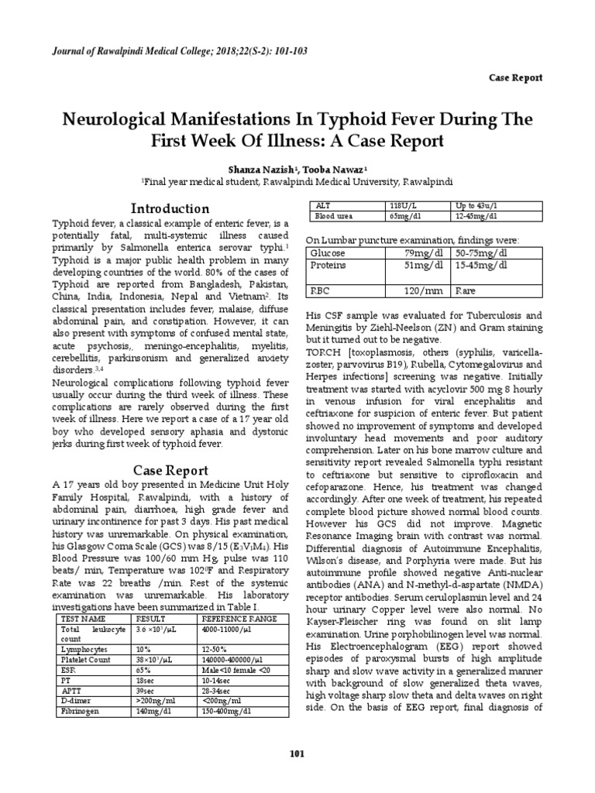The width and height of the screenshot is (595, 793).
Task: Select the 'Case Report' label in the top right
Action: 515,77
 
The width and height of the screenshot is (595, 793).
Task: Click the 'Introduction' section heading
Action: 170,208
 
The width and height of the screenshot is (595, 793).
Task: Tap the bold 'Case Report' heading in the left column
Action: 170,469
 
